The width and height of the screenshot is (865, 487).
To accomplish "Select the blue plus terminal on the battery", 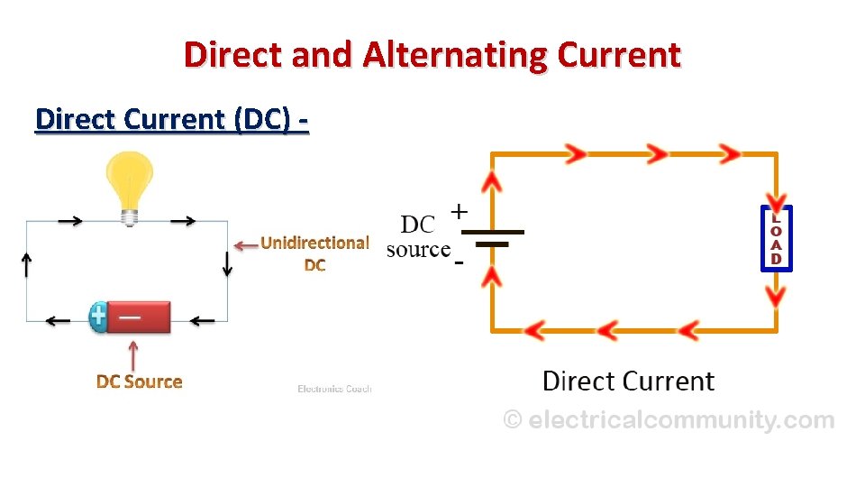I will pos(98,317).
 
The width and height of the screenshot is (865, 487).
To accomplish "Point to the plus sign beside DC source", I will pos(459,212).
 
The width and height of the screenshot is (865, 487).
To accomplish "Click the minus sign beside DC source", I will pos(459,263).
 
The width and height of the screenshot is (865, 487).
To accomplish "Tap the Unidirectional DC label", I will pos(314,253).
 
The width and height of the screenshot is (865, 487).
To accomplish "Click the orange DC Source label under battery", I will pos(139,381).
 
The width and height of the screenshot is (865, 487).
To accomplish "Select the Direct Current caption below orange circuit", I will pos(628,381).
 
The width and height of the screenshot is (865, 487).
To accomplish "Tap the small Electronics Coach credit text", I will pos(334,389).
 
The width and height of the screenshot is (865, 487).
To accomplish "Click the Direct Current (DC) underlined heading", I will pos(171,119).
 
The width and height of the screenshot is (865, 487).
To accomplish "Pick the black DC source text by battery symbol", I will pos(418,236).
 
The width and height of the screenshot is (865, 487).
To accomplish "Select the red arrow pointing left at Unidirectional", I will pos(245,244).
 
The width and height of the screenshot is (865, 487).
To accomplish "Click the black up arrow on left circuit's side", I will pos(27,264).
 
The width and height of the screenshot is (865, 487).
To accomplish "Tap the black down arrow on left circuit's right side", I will pos(227,264).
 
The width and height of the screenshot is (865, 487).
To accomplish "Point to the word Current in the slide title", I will pos(618,55).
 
